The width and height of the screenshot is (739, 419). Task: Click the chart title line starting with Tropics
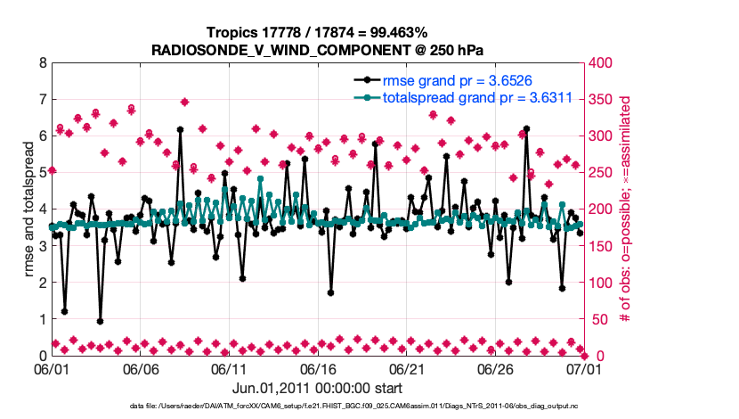click(x=317, y=32)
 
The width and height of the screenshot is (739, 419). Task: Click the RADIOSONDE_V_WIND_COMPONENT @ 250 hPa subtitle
click(x=317, y=48)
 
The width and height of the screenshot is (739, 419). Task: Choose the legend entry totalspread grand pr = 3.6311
click(x=476, y=97)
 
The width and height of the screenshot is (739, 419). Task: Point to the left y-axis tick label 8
click(x=43, y=63)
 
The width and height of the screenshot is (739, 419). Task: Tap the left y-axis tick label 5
click(x=43, y=173)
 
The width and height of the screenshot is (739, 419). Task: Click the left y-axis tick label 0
click(x=43, y=355)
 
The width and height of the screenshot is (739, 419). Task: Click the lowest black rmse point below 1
click(x=100, y=321)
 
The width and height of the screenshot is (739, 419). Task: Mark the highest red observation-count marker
click(x=184, y=102)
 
